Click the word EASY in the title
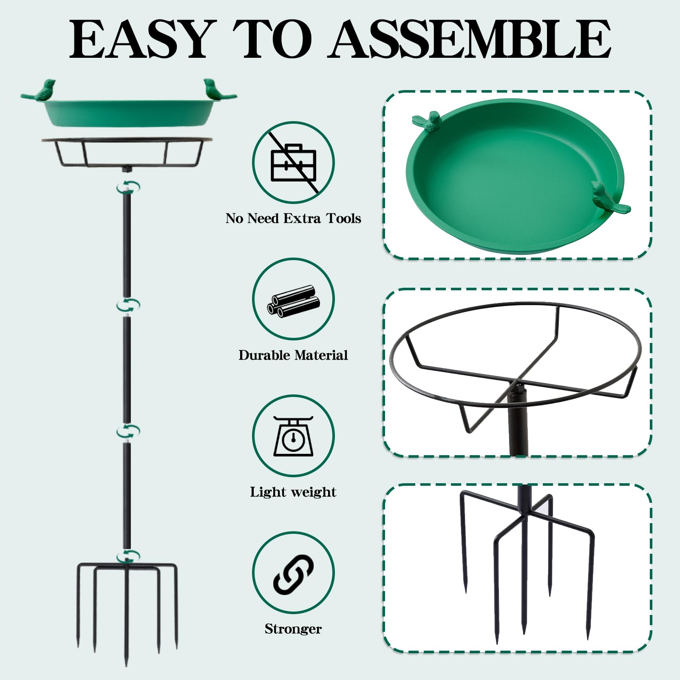pos(141,39)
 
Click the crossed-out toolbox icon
pos(294,162)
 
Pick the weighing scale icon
pos(293,436)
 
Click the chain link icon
pos(293,573)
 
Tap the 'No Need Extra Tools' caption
pos(293,218)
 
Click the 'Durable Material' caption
pos(293,355)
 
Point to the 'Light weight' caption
pos(293,492)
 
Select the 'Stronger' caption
pos(293,629)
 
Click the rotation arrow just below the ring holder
pos(127,187)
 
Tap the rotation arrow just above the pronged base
pos(128,556)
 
